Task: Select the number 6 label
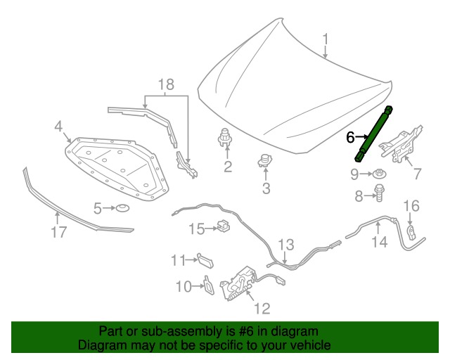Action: coord(351,137)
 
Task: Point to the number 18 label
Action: coord(165,85)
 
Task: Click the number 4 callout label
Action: coord(59,127)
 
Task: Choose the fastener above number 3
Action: coord(265,161)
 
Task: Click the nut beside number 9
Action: coord(379,174)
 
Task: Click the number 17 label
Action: coord(59,232)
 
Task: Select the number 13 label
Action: coord(285,245)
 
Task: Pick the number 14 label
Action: coord(379,243)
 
